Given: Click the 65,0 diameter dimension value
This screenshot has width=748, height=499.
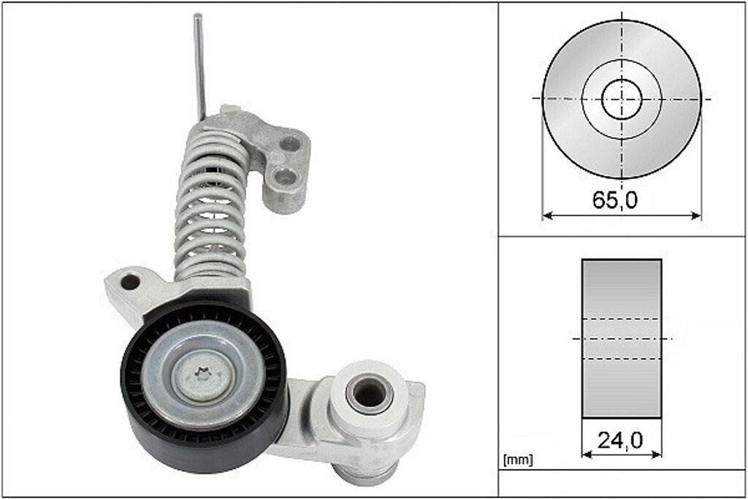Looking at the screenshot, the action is [x=614, y=200].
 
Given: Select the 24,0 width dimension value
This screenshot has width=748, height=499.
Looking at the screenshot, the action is [x=619, y=441].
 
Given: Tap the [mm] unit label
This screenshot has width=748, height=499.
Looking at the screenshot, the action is [x=518, y=460].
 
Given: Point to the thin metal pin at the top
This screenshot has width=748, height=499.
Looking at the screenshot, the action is [x=199, y=66].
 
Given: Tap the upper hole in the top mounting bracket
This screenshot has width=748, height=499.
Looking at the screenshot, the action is [x=291, y=143].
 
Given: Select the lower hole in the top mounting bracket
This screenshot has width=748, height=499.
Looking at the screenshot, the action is [x=286, y=178].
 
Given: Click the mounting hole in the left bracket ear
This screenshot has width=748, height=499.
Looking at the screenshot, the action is [x=130, y=282].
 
